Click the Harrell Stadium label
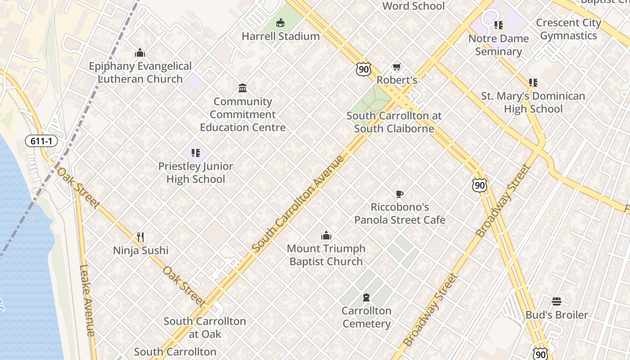click(280, 36)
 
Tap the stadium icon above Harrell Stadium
click(280, 22)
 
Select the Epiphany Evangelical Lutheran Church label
click(140, 72)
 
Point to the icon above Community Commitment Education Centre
click(243, 88)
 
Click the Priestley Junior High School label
click(195, 172)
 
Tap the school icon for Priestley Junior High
click(195, 153)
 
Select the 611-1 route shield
click(41, 141)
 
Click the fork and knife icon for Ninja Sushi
click(140, 237)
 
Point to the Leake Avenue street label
click(87, 300)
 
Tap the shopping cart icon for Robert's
click(396, 67)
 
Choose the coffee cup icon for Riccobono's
click(399, 194)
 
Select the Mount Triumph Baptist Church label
click(326, 255)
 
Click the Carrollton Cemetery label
click(366, 317)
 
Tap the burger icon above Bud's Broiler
click(557, 301)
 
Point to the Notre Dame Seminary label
click(498, 45)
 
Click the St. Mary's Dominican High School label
click(533, 102)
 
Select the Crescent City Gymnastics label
click(568, 29)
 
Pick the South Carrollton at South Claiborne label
click(394, 122)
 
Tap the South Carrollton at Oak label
click(205, 328)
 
